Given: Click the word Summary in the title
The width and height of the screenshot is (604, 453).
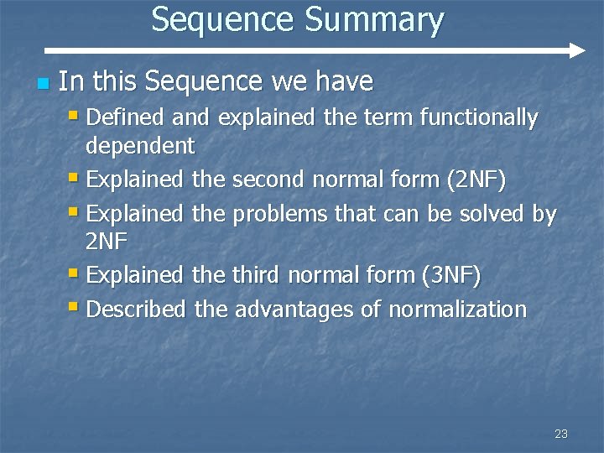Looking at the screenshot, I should [374, 20].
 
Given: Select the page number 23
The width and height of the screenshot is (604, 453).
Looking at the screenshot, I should [561, 434].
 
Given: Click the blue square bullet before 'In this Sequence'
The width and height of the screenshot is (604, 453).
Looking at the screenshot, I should [44, 84].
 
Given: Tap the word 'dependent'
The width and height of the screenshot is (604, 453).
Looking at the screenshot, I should [140, 146].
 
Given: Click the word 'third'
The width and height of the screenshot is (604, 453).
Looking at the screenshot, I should [257, 274].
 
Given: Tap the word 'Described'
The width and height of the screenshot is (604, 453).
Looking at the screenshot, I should [136, 309].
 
